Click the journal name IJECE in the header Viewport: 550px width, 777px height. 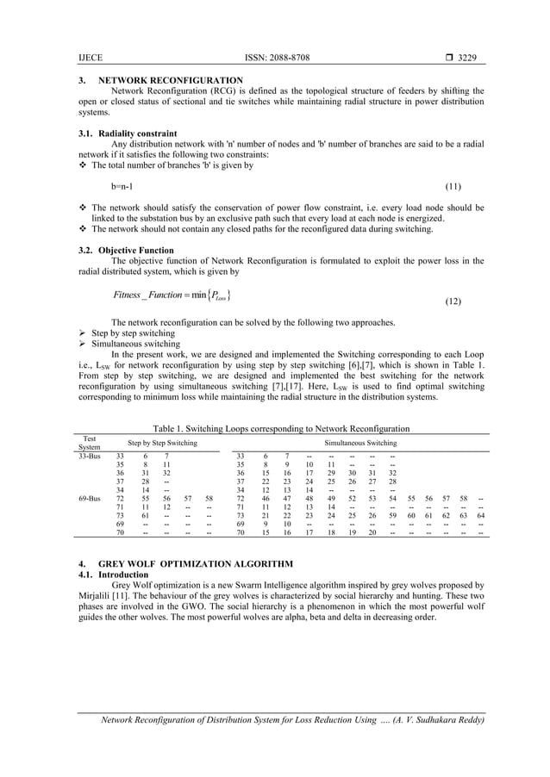(90, 58)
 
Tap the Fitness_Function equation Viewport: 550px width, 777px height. (171, 296)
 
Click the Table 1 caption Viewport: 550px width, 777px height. (280, 428)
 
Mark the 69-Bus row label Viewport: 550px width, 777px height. (90, 498)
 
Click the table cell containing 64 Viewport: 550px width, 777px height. (480, 515)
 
